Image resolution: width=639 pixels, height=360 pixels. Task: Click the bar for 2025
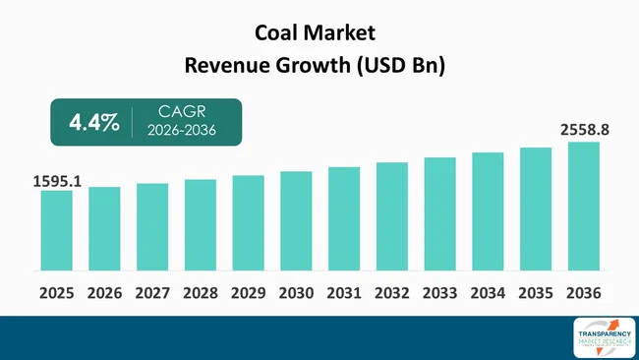[56, 230]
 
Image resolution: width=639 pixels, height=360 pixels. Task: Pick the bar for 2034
[488, 211]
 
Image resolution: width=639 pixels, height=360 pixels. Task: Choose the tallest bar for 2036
[583, 206]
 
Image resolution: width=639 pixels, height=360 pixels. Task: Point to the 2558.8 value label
[584, 130]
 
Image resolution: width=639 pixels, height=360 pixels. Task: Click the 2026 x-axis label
[104, 293]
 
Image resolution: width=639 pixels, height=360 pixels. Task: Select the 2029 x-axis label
[248, 293]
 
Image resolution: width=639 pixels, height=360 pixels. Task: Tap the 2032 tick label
[391, 293]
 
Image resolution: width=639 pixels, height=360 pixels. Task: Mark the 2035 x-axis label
[536, 293]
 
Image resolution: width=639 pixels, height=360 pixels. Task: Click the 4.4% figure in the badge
[94, 123]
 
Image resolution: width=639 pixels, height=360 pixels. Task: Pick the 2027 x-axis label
[152, 293]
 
